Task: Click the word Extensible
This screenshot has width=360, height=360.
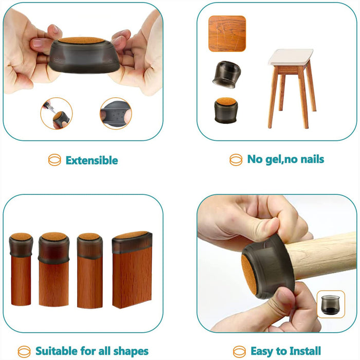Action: (x=92, y=160)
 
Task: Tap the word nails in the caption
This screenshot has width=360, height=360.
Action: (x=312, y=159)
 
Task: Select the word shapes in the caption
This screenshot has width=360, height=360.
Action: (x=131, y=351)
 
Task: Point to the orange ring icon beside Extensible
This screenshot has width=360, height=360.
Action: (x=55, y=160)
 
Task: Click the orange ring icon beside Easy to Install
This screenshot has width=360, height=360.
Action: (x=239, y=352)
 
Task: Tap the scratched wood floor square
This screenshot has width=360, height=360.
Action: (x=227, y=33)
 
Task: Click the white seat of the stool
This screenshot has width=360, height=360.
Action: (x=291, y=57)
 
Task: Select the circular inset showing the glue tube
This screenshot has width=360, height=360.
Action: (x=57, y=114)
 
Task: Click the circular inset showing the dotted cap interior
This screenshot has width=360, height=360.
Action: (x=116, y=114)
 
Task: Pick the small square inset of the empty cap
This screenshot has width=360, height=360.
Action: (x=331, y=304)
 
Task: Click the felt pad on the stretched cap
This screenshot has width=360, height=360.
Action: (x=81, y=41)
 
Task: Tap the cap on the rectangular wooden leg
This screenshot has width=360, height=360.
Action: (x=132, y=242)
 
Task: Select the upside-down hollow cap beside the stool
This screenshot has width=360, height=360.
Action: (x=227, y=75)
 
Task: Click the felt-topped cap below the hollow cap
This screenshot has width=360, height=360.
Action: (x=226, y=110)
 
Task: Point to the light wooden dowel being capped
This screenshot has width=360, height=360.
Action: (x=321, y=255)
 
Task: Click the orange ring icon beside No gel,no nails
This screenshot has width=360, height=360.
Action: (x=236, y=160)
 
